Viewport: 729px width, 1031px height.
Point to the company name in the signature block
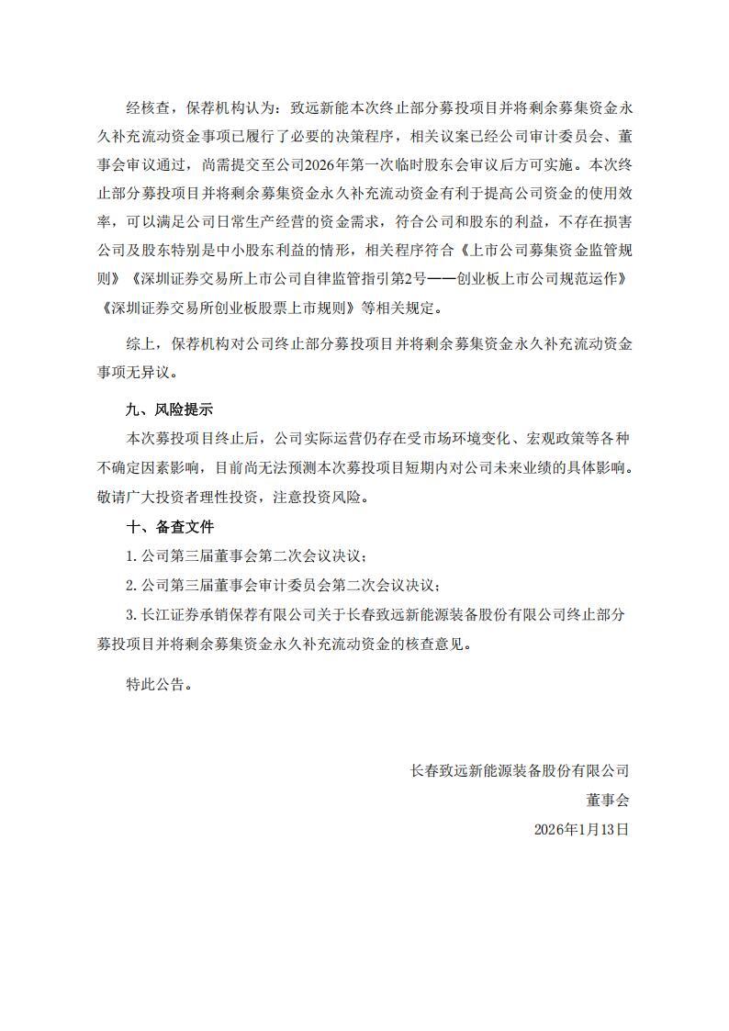pyautogui.click(x=520, y=769)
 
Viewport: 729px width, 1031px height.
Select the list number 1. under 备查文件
pyautogui.click(x=131, y=556)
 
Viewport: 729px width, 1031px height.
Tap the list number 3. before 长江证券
pyautogui.click(x=131, y=614)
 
